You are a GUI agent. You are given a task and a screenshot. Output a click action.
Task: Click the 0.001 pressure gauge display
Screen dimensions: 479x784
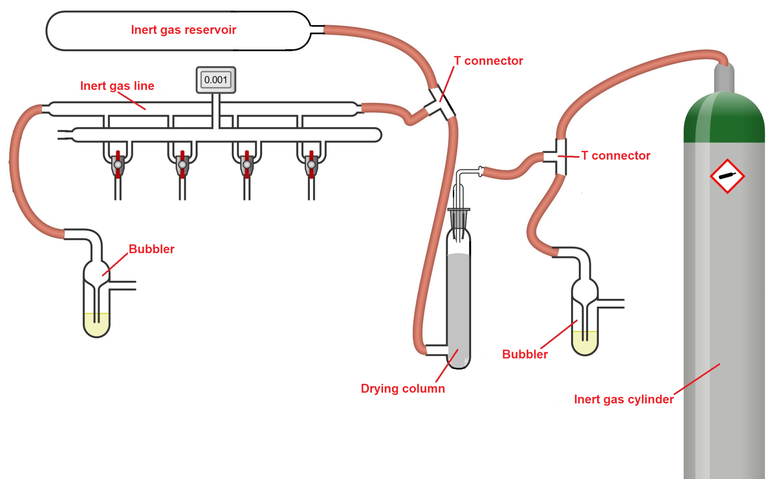[216, 80]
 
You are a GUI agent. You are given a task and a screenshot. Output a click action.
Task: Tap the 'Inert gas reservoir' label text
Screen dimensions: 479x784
[183, 30]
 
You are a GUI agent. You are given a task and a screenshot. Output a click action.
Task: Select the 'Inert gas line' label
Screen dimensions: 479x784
[117, 86]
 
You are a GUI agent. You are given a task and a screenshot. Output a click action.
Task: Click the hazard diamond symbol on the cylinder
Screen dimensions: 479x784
[727, 176]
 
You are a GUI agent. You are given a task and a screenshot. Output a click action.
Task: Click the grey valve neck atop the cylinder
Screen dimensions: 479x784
[724, 77]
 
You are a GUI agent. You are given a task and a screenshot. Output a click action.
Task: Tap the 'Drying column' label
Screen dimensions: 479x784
[403, 388]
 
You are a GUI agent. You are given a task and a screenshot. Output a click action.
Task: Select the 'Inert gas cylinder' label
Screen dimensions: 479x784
[624, 399]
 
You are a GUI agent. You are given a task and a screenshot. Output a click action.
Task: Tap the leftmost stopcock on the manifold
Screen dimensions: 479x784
[118, 164]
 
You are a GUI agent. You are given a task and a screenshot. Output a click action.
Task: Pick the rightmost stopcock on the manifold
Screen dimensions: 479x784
[311, 164]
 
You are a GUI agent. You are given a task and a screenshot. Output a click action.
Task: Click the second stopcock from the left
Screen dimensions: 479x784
[182, 164]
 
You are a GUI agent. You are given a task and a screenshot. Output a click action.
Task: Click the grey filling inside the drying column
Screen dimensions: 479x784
[459, 301]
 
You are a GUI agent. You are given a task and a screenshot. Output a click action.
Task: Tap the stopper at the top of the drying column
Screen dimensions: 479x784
[459, 218]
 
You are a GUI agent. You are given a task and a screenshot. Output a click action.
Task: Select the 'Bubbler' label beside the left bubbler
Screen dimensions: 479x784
[151, 249]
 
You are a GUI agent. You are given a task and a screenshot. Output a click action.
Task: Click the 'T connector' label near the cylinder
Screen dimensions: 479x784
[616, 155]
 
